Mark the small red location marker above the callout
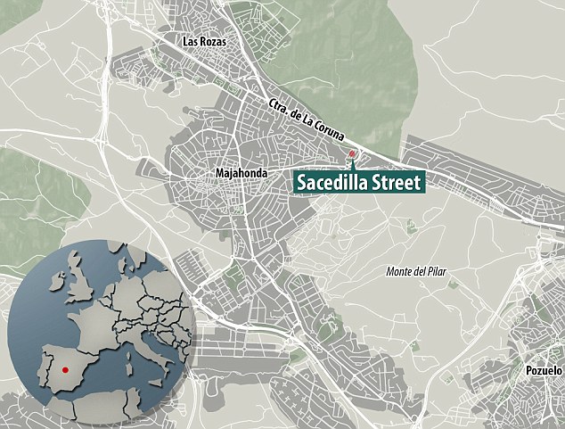coord(352,155)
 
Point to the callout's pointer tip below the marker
coord(352,166)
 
